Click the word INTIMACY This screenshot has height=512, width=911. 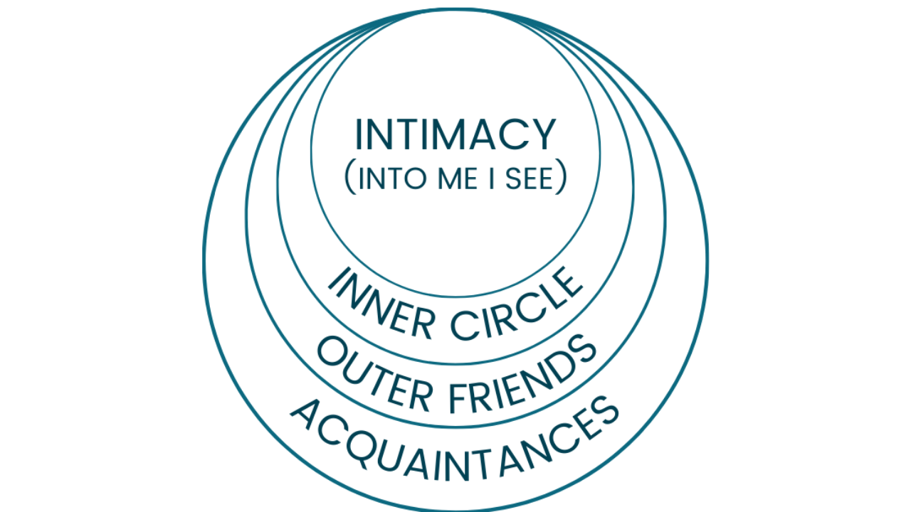pos(455,135)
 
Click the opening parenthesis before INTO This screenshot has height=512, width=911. pos(349,179)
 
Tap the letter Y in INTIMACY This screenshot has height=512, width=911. pos(542,135)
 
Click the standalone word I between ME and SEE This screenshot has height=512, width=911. pos(490,179)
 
